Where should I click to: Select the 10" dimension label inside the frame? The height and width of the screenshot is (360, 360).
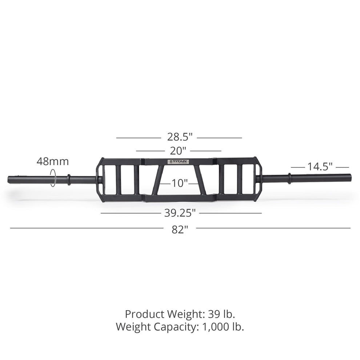179,183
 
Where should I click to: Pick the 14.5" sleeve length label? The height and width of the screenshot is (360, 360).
320,167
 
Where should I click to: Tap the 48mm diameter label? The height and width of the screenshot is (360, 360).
52,161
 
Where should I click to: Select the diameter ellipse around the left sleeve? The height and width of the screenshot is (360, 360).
53,178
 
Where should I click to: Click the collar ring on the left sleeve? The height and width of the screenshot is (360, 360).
69,179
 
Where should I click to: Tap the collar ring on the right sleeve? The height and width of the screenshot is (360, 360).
289,178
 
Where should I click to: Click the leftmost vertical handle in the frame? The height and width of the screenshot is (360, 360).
119,180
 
